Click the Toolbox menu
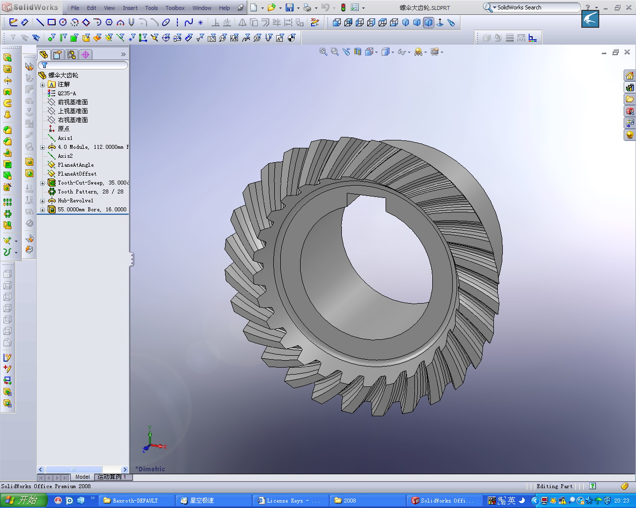point(175,8)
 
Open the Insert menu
point(130,8)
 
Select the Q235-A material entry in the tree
point(67,93)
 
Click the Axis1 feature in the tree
point(65,138)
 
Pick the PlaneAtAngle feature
point(75,165)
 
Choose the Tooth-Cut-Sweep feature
point(79,183)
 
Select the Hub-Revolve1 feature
point(75,200)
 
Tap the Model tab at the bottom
point(82,477)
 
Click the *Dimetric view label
point(151,469)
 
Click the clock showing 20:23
point(622,501)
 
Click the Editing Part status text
point(555,486)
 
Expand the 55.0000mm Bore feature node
point(43,210)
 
